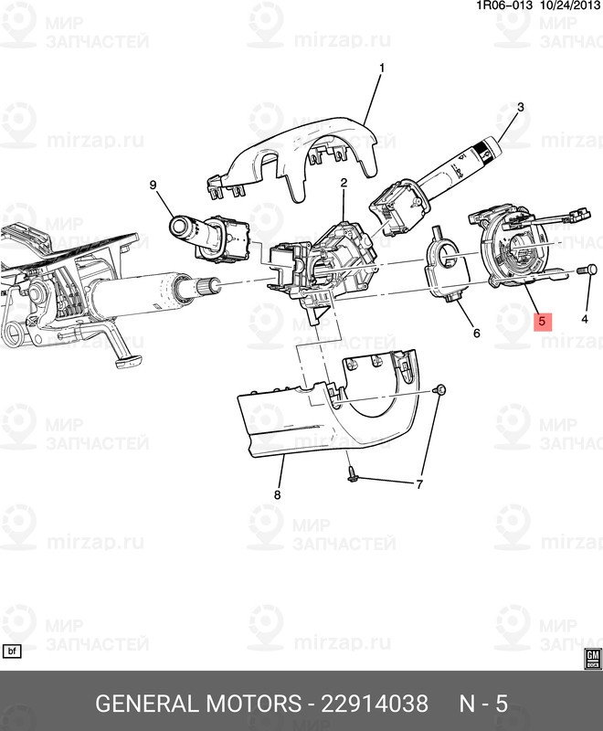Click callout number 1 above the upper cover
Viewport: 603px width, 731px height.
(x=381, y=67)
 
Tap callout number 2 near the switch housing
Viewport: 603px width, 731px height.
(x=344, y=184)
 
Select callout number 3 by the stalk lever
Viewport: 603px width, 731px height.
(x=520, y=107)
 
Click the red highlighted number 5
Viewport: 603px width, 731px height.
(x=542, y=321)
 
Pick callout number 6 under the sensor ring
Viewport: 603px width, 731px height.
(x=476, y=334)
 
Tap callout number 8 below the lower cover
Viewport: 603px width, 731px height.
(x=278, y=494)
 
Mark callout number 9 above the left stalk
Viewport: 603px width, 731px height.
(x=153, y=185)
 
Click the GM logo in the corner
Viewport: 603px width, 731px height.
(x=591, y=658)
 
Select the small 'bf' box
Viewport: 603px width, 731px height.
(x=13, y=652)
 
